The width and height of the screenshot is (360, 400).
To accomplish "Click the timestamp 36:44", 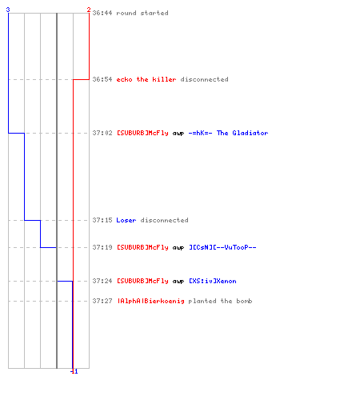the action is pos(102,13).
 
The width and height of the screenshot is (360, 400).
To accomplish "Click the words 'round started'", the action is pos(142,13).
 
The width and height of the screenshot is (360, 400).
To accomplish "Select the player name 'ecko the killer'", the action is pos(146,79).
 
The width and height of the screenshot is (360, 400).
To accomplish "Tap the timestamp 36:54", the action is pos(102,79).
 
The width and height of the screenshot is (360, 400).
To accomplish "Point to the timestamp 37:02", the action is pos(102,133).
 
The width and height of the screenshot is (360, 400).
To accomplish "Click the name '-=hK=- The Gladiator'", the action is pos(228,133).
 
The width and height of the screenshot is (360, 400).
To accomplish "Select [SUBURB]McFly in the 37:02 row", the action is pos(142,133).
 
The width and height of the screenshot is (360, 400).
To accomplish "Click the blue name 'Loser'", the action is pos(126,220).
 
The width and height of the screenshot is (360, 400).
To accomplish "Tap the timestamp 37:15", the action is pos(102,220).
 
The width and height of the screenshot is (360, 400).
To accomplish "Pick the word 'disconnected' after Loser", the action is pos(164,220).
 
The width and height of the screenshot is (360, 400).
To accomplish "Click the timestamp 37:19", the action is pos(102,247).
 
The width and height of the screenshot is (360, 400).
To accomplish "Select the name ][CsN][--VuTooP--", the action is pos(222,247).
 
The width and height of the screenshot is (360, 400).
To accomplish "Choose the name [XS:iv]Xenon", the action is pos(213,281).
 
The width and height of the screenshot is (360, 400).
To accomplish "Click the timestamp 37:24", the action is pos(102,281).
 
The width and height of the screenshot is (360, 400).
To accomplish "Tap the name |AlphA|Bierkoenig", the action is pos(150,301).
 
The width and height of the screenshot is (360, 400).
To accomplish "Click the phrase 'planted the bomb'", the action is pos(220,301).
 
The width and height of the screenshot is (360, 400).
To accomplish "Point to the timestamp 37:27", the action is pos(102,301).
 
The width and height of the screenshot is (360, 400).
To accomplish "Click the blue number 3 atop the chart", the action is pos(8,10).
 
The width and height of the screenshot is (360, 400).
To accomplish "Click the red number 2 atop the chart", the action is pos(89,10).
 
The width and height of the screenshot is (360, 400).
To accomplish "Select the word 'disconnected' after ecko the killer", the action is pos(204,79).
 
